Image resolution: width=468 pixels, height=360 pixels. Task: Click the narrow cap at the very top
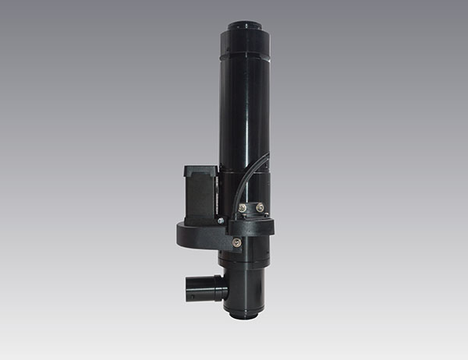[x=244, y=27]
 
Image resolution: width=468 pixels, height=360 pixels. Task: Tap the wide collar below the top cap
[x=244, y=47]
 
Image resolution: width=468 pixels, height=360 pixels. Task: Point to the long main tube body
[x=243, y=117]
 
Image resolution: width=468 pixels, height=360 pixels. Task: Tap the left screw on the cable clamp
[x=243, y=208]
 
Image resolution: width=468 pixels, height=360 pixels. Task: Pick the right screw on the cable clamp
[x=260, y=208]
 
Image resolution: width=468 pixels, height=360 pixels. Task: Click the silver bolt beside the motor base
[x=221, y=221]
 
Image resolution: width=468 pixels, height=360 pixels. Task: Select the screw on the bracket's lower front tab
[x=236, y=242]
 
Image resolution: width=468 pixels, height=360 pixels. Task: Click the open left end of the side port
[x=189, y=287]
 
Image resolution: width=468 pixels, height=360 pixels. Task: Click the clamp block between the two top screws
[x=251, y=208]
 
